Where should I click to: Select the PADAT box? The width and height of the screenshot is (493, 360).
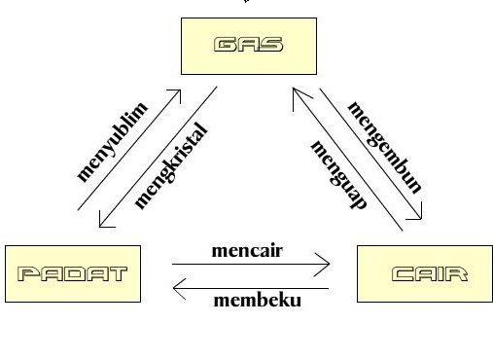pyautogui.click(x=72, y=273)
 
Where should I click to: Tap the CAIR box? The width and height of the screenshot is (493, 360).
pyautogui.click(x=428, y=274)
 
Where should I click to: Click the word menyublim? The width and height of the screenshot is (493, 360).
pyautogui.click(x=112, y=141)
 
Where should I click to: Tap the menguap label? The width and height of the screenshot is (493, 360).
pyautogui.click(x=339, y=175)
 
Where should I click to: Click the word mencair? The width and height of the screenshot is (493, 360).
pyautogui.click(x=247, y=250)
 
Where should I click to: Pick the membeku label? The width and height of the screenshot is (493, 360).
pyautogui.click(x=257, y=299)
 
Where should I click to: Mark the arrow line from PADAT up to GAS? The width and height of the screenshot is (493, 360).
pyautogui.click(x=126, y=150)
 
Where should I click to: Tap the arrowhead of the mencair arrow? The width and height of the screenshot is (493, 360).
pyautogui.click(x=326, y=263)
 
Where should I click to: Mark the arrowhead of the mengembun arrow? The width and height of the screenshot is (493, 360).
pyautogui.click(x=418, y=217)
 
